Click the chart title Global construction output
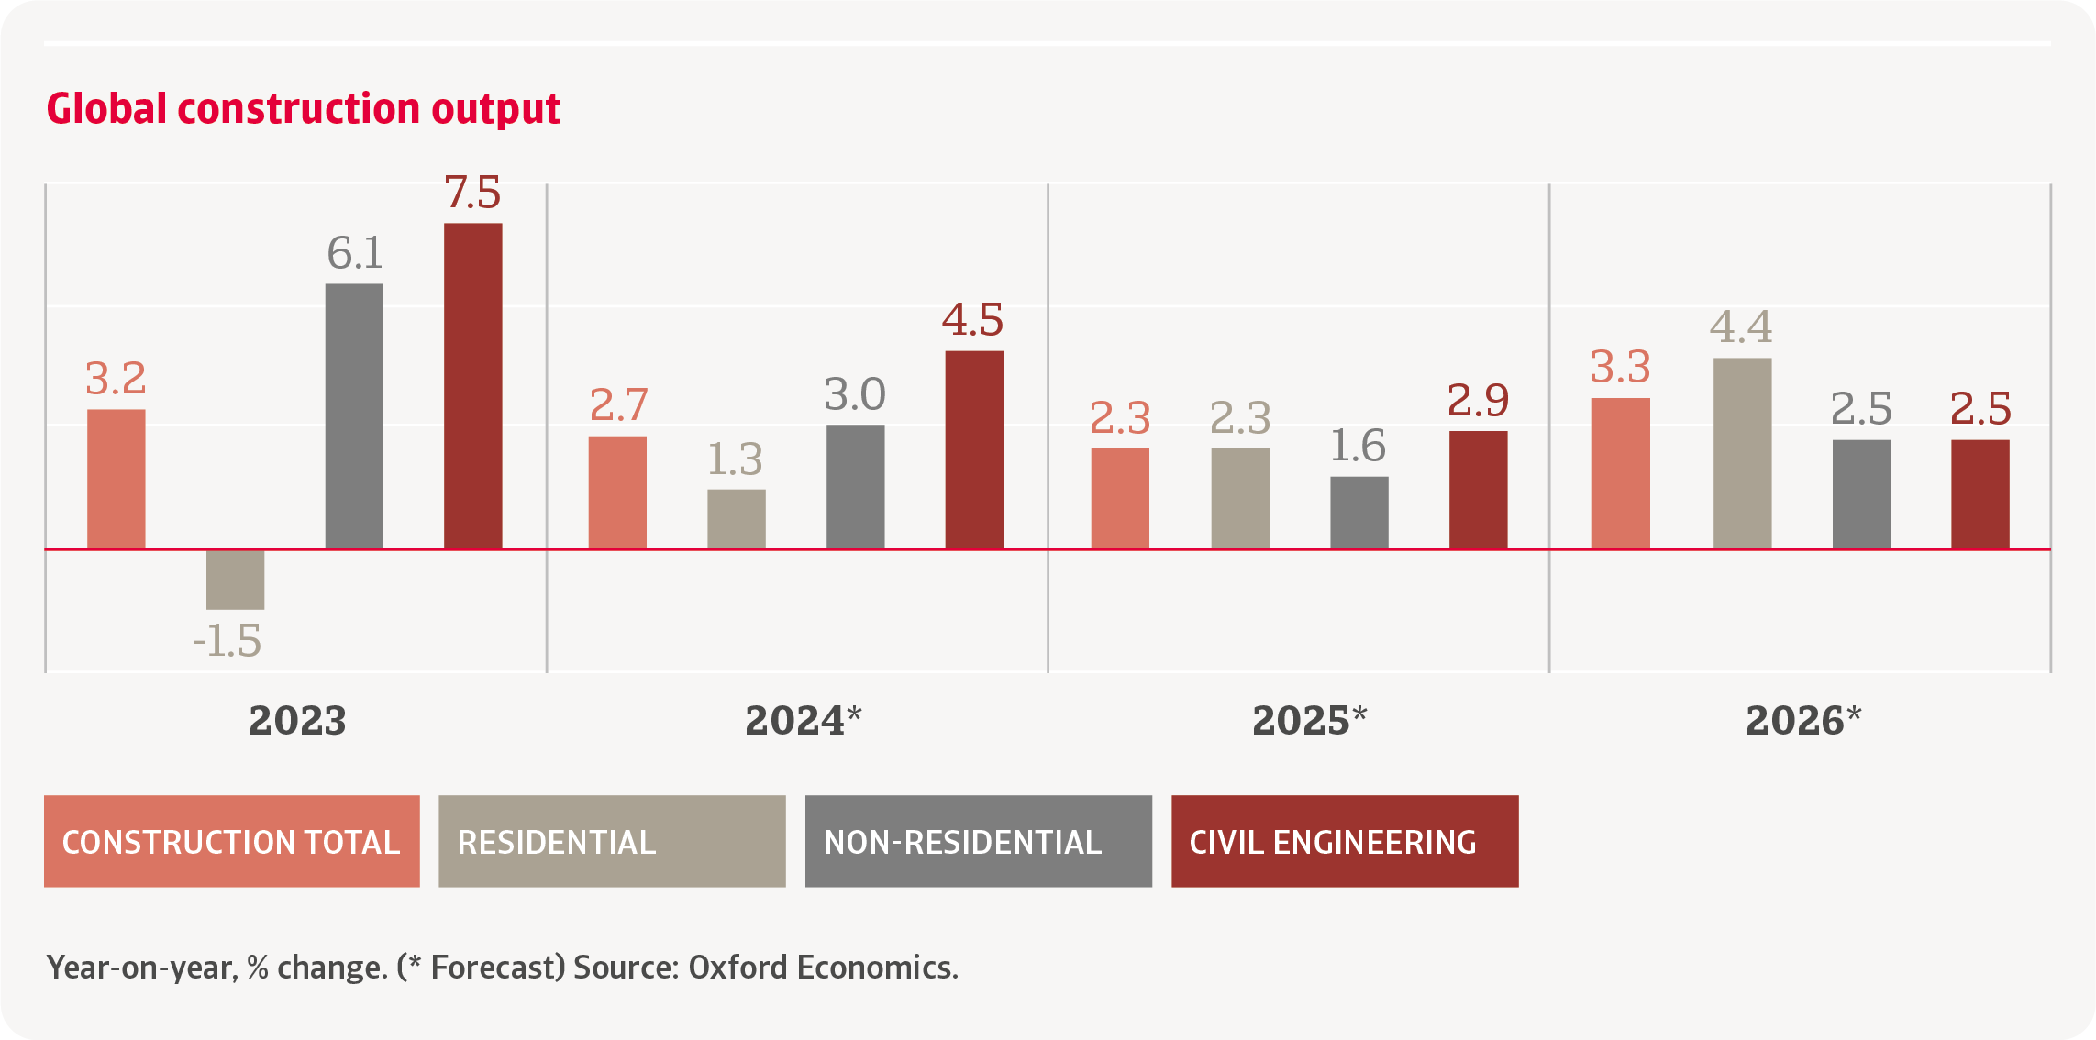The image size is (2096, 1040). point(303,108)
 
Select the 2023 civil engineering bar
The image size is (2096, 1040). point(472,385)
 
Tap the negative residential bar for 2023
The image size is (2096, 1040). point(235,580)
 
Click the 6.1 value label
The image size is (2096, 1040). point(355,253)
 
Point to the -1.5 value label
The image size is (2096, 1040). point(227,640)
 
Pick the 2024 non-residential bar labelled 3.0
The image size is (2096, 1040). point(855,486)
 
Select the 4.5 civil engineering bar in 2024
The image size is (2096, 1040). point(974,449)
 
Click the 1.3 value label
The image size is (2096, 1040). point(735,459)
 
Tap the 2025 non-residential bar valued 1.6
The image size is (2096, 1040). point(1359,512)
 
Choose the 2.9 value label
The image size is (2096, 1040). point(1478,400)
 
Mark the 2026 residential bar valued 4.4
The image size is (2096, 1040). point(1742,453)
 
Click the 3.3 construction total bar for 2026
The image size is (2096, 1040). point(1621,473)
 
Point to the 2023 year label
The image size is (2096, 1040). point(297,720)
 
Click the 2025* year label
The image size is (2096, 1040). point(1309,720)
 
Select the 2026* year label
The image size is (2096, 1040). point(1803,720)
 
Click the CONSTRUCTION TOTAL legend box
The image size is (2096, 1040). point(231,841)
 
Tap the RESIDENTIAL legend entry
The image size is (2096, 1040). point(612,841)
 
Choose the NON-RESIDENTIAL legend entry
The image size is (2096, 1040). point(978,841)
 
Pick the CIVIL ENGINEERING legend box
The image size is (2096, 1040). point(1345,841)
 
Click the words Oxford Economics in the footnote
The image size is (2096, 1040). point(822,968)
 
